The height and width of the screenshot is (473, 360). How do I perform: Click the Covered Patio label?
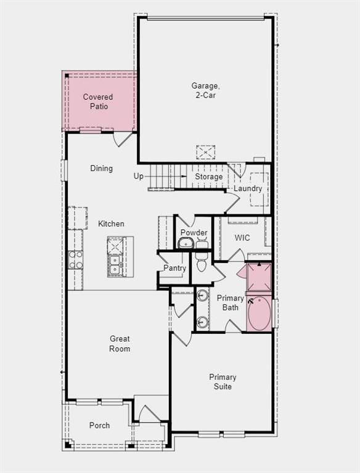click(98, 102)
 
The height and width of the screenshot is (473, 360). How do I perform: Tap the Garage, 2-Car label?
click(205, 91)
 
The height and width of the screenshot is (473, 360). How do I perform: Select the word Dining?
click(102, 168)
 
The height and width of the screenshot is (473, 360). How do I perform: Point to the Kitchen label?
click(111, 224)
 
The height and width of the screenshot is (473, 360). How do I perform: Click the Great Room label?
click(120, 344)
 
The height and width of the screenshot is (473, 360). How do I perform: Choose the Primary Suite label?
click(223, 382)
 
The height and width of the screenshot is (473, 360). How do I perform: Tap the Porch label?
click(99, 426)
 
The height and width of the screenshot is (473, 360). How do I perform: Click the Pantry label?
click(174, 268)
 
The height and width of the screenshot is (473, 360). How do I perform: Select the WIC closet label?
click(242, 238)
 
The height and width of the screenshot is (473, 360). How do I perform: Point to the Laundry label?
click(248, 188)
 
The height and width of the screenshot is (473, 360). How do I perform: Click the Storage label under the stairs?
click(209, 177)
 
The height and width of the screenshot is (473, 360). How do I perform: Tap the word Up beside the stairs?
click(138, 176)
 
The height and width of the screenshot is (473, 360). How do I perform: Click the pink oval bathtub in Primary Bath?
click(260, 313)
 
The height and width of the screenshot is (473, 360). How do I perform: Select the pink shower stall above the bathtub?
click(259, 277)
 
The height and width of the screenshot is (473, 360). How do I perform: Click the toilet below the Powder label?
click(202, 261)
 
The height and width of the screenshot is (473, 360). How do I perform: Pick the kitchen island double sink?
click(115, 265)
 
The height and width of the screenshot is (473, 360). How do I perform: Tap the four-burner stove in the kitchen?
click(75, 260)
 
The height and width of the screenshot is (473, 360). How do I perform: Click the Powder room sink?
click(186, 243)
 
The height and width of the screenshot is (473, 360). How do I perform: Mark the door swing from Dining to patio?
click(123, 139)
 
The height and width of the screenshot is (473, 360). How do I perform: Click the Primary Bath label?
click(231, 303)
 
